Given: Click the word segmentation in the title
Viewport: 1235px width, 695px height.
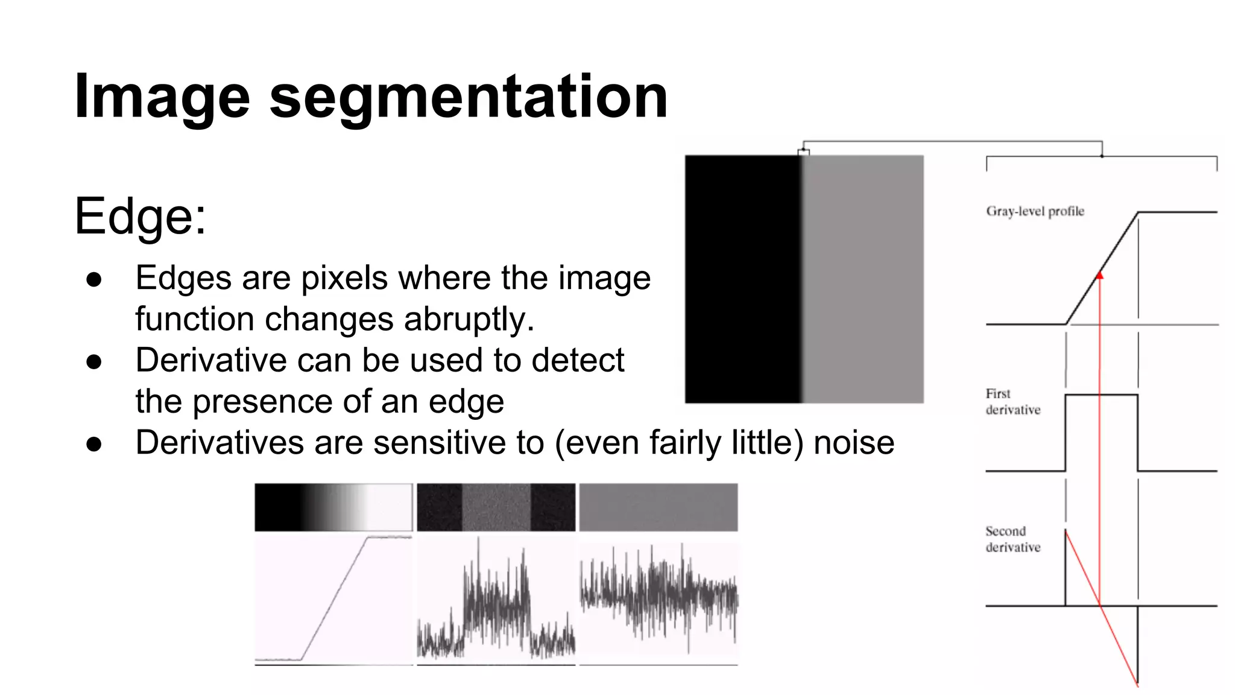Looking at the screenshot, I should pyautogui.click(x=468, y=97).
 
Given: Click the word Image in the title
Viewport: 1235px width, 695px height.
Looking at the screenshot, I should pyautogui.click(x=162, y=97).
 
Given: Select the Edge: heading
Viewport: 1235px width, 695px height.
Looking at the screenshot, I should pyautogui.click(x=140, y=216).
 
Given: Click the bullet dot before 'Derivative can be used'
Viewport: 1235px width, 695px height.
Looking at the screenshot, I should pyautogui.click(x=94, y=362).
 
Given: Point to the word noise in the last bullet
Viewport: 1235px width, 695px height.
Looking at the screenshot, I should pyautogui.click(x=854, y=442).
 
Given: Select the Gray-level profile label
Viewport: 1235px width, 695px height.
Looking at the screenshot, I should pyautogui.click(x=1035, y=211).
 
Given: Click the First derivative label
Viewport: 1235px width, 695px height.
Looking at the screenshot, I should pyautogui.click(x=1012, y=402).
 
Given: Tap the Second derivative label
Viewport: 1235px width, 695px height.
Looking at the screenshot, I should pyautogui.click(x=1012, y=539).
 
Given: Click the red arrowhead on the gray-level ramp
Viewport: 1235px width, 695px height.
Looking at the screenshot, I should pyautogui.click(x=1099, y=276).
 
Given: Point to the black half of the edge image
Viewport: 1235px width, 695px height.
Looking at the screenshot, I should pyautogui.click(x=742, y=279).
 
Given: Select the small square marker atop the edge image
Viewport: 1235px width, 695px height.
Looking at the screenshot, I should pyautogui.click(x=803, y=152).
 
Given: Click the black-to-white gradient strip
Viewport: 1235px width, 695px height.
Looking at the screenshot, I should pyautogui.click(x=333, y=507).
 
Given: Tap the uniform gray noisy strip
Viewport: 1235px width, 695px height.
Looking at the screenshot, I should pyautogui.click(x=658, y=507).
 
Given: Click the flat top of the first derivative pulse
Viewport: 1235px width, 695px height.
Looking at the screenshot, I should pyautogui.click(x=1101, y=395).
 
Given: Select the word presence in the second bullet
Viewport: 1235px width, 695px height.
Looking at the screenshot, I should pyautogui.click(x=262, y=402).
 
